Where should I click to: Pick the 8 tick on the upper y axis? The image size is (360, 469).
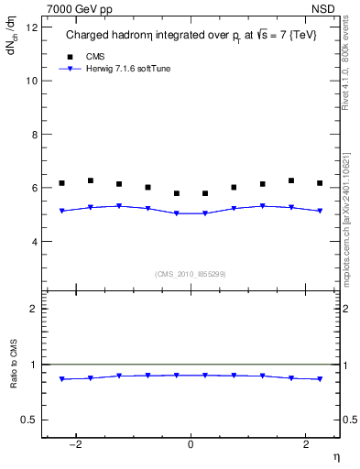coord(34,134)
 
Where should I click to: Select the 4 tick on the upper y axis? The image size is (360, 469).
coord(34,242)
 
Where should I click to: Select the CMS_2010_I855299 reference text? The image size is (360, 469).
coord(191,273)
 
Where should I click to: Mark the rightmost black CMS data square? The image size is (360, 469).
coord(319,183)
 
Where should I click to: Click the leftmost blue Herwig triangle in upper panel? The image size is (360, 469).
coord(62,212)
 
